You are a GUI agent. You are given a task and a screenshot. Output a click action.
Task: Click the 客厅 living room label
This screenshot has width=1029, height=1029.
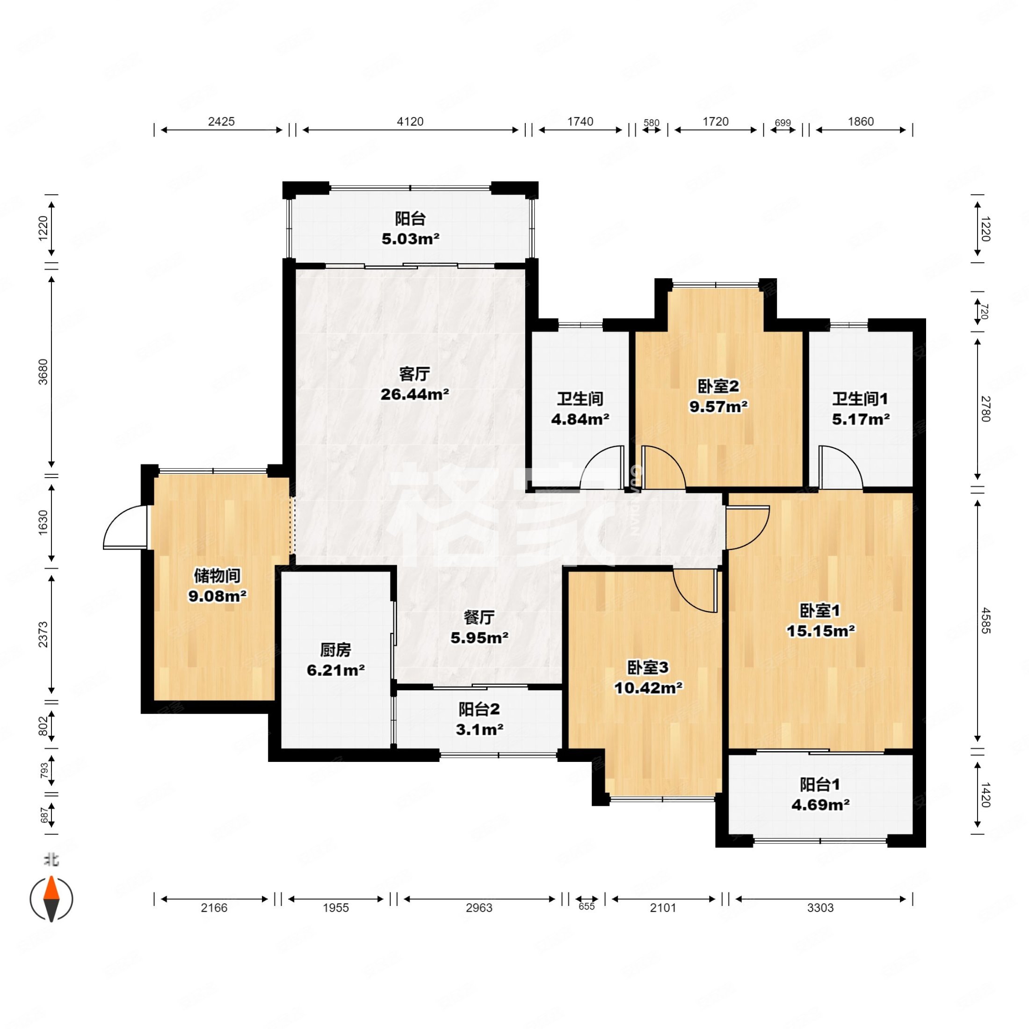[414, 374]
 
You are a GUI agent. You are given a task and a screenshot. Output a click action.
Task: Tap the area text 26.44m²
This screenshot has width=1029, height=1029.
[414, 394]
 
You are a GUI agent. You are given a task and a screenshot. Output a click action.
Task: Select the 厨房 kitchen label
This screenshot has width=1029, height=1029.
[335, 650]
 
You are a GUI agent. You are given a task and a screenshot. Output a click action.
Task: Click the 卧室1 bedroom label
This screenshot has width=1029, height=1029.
[820, 610]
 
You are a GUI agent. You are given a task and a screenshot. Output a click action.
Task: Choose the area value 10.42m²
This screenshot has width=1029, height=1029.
[648, 688]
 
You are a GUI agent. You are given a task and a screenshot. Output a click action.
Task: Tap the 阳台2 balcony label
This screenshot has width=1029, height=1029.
[479, 709]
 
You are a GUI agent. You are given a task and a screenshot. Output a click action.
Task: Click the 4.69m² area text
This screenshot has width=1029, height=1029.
[820, 804]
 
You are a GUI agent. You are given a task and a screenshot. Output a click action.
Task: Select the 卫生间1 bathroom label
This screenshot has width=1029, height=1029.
[860, 399]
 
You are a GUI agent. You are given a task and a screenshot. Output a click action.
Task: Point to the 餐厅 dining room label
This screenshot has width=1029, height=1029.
[479, 617]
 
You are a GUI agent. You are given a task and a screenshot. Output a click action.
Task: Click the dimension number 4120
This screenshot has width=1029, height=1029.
[410, 122]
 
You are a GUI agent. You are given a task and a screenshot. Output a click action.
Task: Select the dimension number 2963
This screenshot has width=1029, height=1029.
[479, 907]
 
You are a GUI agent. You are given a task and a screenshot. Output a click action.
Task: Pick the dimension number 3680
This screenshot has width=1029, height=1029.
[43, 372]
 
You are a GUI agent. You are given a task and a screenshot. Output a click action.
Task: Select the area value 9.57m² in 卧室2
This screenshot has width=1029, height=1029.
[718, 406]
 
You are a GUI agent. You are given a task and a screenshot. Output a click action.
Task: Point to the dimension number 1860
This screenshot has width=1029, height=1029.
[861, 122]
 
